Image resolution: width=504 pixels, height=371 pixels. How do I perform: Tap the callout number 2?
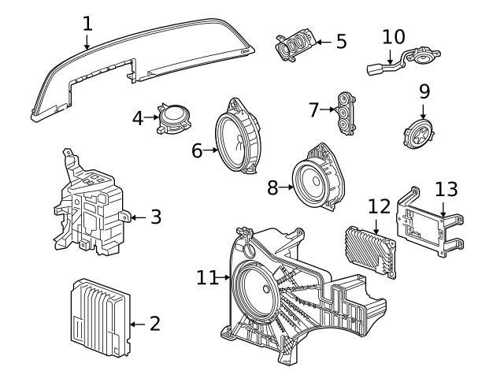point(154,323)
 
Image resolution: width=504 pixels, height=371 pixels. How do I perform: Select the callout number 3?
point(155,216)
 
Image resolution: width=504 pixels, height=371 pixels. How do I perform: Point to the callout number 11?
point(206,277)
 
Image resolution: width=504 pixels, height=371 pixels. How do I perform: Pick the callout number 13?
point(446,189)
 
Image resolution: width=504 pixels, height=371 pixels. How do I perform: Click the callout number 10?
point(393,37)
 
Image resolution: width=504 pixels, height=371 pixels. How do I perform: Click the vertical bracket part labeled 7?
point(345,111)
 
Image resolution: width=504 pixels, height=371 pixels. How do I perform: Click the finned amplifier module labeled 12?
point(369,250)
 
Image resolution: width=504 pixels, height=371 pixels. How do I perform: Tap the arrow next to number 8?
point(288,187)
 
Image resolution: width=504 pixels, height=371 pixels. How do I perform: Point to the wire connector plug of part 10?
point(374,69)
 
